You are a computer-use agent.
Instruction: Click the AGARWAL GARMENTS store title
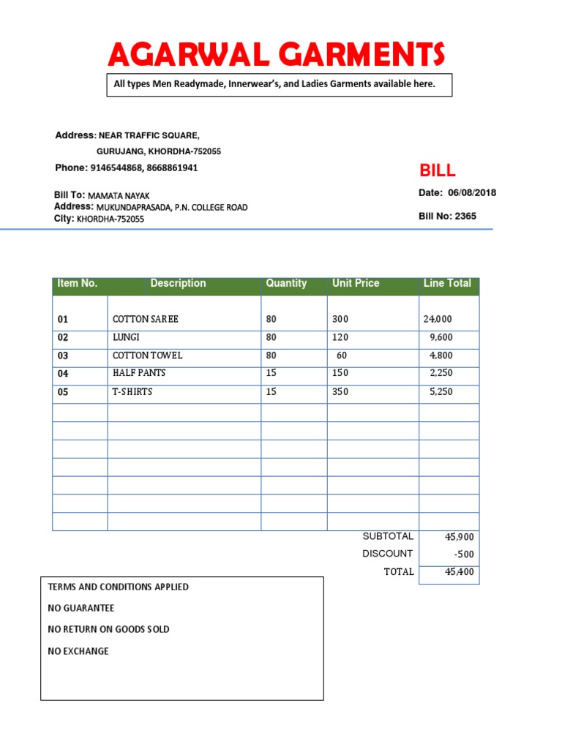point(276,55)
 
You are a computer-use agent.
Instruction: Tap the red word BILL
point(437,171)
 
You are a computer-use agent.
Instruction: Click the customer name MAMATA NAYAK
point(119,196)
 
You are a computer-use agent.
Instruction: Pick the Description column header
point(178,284)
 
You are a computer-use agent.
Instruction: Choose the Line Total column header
point(447,284)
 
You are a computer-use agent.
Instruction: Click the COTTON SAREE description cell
point(145,320)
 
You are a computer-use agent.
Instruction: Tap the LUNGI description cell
point(126,338)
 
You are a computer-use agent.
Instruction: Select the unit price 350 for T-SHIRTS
point(340,392)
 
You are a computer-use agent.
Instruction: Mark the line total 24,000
point(438,320)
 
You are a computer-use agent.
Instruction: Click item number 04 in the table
point(63,374)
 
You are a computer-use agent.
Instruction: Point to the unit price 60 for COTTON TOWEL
point(341,355)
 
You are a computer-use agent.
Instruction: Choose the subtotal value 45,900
point(460,537)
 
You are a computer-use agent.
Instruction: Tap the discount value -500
point(464,554)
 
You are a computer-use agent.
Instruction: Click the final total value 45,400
point(460,572)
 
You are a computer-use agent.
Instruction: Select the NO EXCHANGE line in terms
point(78,651)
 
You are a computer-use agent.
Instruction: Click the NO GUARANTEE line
point(81,609)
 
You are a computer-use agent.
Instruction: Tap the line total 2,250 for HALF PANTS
point(441,374)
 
